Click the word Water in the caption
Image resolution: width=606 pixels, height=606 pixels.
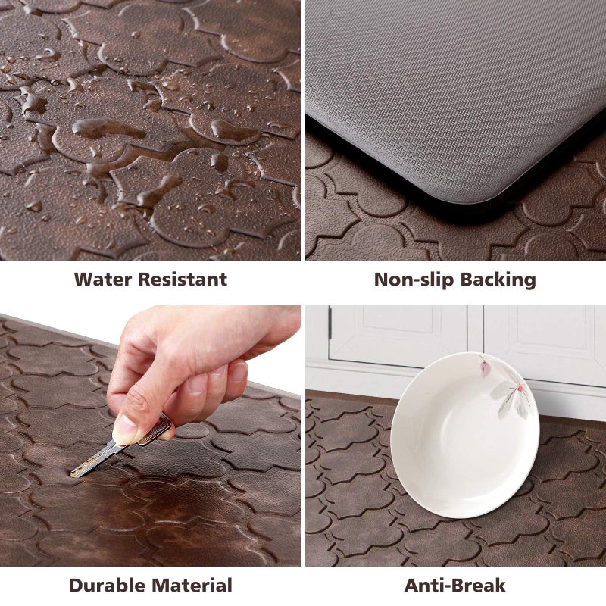pos(103,279)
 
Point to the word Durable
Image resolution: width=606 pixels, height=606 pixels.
pos(108,585)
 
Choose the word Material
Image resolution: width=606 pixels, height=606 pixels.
pos(192,585)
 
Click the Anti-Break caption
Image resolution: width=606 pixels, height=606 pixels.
pos(454,585)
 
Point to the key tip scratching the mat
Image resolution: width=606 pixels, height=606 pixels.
pos(75,473)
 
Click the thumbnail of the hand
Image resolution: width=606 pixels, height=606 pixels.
pos(123,432)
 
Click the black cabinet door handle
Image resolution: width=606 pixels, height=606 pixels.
pos(330,323)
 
